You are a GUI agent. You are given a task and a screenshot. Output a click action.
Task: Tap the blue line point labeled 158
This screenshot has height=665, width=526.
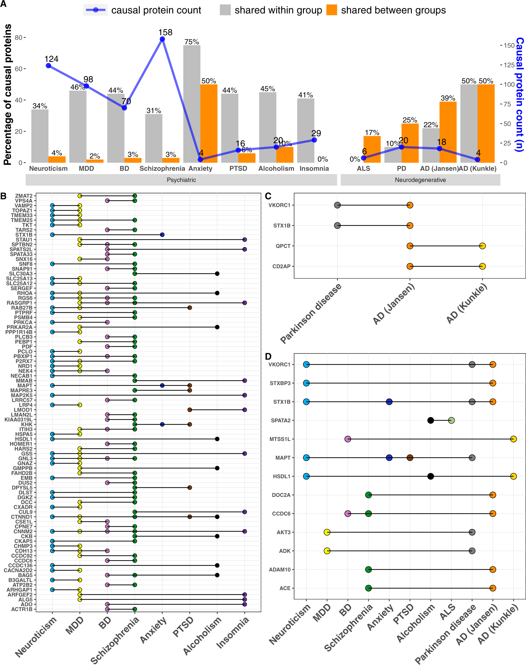pos(162,39)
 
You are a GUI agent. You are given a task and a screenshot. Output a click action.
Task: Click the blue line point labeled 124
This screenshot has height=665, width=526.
pos(48,65)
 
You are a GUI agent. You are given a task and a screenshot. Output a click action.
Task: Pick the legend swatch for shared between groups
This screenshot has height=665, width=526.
pos(332,10)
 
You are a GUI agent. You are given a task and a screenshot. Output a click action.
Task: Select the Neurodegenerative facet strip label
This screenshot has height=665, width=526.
pos(420,180)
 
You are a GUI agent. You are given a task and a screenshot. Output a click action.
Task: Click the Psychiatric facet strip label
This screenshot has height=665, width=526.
pos(181,180)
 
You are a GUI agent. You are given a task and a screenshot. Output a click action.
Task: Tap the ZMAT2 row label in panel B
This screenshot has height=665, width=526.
pos(24,196)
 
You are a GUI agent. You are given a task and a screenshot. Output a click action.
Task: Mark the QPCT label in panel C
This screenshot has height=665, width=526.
pos(283,246)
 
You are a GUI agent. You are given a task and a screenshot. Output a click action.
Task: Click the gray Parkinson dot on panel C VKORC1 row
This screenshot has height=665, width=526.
pos(337,205)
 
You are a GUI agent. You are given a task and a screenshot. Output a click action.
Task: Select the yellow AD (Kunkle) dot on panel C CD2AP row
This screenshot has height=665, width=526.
pos(482,266)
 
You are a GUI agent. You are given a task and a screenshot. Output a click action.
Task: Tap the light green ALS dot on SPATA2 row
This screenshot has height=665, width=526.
pos(451,421)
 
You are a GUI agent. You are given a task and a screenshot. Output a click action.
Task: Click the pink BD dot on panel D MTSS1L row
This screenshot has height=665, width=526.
pos(348,439)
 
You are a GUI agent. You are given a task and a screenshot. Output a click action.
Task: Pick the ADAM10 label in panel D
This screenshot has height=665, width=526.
pos(279,569)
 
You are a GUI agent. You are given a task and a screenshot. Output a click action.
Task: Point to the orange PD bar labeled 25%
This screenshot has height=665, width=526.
pos(410,143)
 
